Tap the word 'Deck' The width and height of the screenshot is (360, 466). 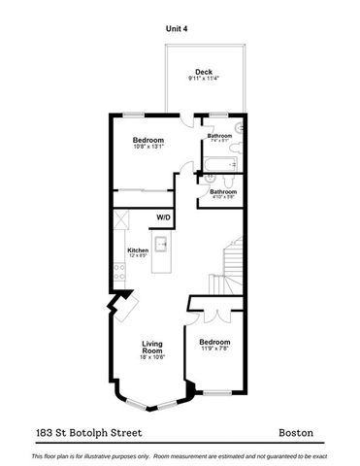pos(203,72)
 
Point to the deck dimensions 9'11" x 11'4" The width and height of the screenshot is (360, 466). pos(203,80)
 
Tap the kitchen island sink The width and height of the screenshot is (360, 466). pos(162,243)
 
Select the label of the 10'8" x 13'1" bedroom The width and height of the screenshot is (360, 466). pos(148,142)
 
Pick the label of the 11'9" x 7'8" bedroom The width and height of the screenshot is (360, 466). pos(214,343)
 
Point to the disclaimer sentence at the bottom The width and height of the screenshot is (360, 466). pos(180,454)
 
